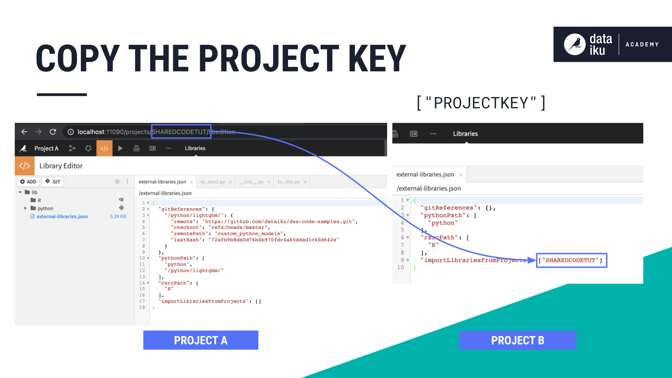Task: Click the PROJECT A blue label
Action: pos(201,340)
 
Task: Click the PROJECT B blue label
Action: pos(518,340)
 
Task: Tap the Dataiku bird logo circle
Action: pos(575,44)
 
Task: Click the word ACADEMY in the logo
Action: pos(642,44)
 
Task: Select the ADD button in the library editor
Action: pos(28,182)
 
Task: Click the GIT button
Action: pos(53,182)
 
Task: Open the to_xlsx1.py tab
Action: pos(213,182)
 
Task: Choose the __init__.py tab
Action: pos(251,182)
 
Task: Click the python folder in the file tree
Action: pos(45,209)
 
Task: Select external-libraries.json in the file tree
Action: pos(62,217)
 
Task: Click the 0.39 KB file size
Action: pos(118,217)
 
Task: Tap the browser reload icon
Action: pos(53,132)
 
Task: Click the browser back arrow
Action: pos(24,132)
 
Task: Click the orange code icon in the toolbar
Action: pos(104,148)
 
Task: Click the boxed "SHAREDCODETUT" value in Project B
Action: pos(572,260)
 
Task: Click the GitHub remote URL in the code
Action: pos(278,222)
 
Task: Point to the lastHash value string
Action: pos(274,240)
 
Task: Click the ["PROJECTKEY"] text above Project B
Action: pos(481,103)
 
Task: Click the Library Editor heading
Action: pos(61,166)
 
